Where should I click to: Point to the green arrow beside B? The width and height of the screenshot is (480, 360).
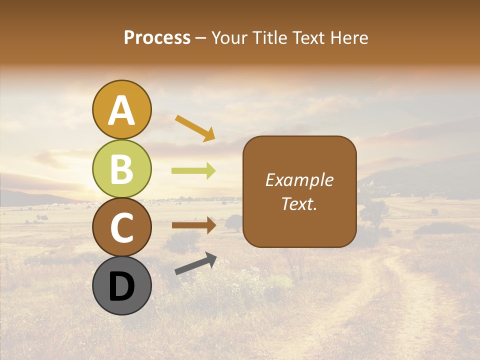pos(193,171)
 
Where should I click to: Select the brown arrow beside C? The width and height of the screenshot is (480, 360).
pos(193,225)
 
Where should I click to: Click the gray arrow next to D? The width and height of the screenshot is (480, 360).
pos(195,263)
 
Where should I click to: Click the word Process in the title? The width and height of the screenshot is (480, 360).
pos(157,38)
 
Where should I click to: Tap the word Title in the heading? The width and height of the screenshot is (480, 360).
pos(266,38)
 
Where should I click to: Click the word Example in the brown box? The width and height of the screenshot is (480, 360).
pos(299,180)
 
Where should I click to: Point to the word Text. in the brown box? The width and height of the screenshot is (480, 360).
pos(299,203)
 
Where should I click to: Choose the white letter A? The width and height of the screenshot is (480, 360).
pos(121,110)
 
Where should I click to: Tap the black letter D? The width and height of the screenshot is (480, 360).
pos(121,287)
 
